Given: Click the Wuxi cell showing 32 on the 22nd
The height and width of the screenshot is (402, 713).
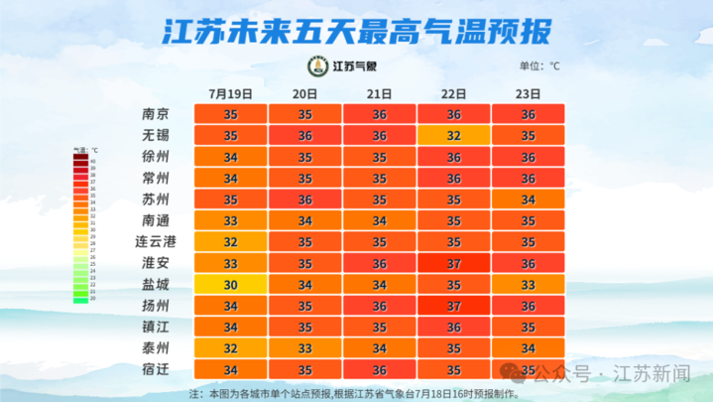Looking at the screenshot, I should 454,135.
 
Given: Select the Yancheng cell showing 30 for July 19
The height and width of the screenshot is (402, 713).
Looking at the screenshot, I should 230,285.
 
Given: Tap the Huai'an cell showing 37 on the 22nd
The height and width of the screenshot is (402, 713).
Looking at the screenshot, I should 454,263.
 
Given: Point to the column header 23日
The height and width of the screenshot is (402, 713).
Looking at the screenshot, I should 530,93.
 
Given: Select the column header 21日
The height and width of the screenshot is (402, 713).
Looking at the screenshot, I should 380,93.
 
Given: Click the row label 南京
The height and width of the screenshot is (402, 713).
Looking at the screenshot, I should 156,114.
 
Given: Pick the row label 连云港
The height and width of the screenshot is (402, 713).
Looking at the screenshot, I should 156,242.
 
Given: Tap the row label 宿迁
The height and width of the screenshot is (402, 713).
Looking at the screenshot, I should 156,370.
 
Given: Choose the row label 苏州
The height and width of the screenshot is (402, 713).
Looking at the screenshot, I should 156,200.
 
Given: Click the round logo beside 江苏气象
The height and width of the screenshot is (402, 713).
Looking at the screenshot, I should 316,67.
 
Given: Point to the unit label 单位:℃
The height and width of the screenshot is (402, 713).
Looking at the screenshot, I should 539,67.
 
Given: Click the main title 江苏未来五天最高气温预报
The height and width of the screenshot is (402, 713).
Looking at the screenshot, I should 356,31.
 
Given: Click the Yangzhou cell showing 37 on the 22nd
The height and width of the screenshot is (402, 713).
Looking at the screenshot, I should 454,306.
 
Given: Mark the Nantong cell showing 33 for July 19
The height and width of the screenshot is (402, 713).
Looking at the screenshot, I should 230,220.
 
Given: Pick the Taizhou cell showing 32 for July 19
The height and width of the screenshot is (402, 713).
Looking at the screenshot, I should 230,348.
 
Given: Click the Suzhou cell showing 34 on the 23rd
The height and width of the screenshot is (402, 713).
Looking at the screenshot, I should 530,200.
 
